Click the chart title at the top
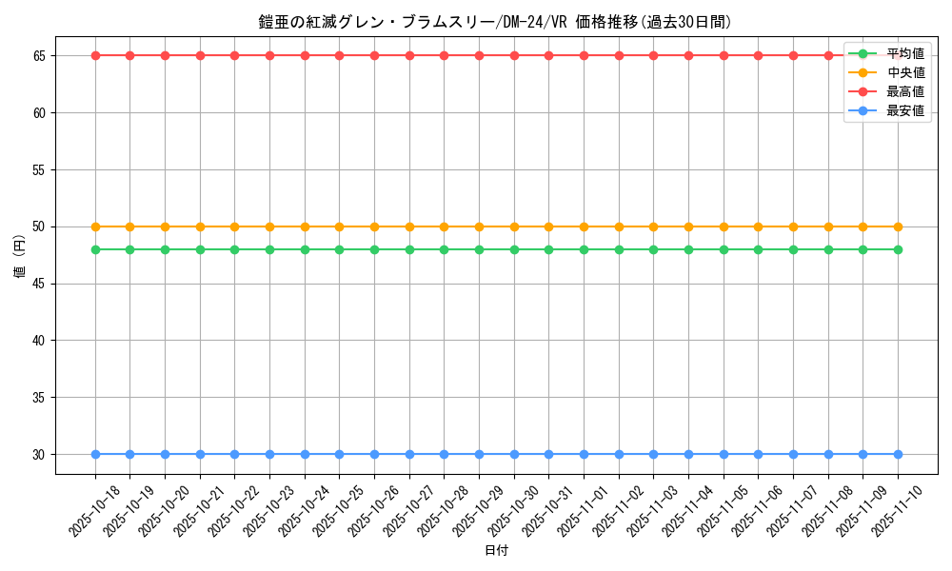(x=495, y=22)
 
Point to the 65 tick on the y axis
(x=39, y=56)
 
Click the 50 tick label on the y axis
(x=39, y=226)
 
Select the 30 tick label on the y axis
(x=39, y=454)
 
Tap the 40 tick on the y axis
(x=39, y=341)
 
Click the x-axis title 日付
(x=496, y=551)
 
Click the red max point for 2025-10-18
(x=95, y=55)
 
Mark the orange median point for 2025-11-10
(x=898, y=226)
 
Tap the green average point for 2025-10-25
(x=339, y=249)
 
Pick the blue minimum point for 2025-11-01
(x=584, y=454)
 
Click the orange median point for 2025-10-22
(x=234, y=226)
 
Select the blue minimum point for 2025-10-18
(x=95, y=454)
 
